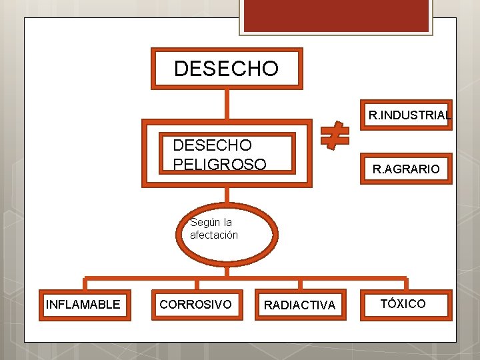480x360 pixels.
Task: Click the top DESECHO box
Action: point(227,68)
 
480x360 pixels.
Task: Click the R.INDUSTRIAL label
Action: point(409,115)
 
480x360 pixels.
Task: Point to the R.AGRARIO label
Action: point(406,169)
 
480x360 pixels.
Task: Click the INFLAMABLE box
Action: point(83,305)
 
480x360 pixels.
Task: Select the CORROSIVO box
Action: point(196,305)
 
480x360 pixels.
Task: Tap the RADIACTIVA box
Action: point(300,305)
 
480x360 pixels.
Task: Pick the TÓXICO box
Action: point(403,304)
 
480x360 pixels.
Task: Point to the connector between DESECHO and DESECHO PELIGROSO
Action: point(227,103)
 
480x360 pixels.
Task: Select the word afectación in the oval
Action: point(214,235)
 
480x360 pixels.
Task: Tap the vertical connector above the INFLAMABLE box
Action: point(85,285)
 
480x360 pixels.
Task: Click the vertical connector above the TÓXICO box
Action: point(405,285)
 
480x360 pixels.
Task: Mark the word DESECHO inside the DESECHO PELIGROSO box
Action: point(212,145)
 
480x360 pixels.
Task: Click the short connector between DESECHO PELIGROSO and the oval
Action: point(227,195)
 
